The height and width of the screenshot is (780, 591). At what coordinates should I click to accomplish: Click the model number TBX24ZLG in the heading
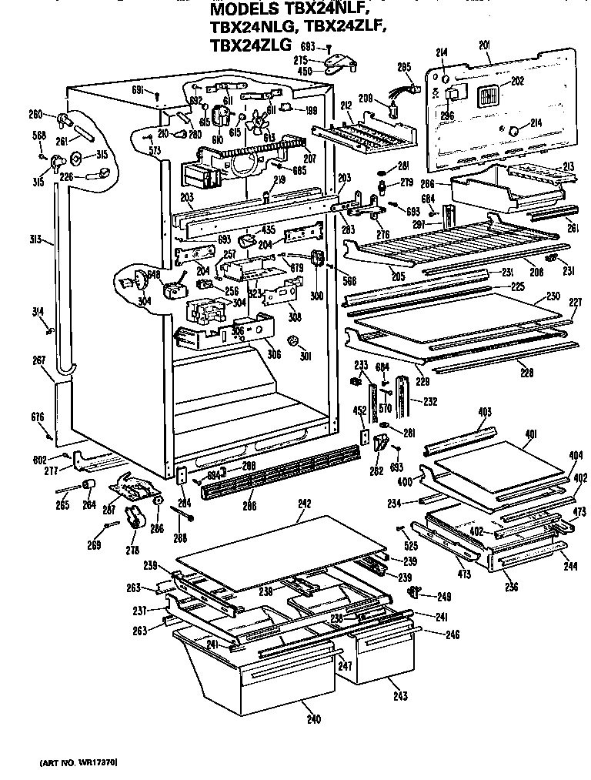pos(250,45)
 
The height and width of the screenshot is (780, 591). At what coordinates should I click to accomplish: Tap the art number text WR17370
pos(77,762)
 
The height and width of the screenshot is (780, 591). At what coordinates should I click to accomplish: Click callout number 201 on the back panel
pos(484,46)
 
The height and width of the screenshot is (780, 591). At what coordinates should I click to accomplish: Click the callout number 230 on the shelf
pos(553,296)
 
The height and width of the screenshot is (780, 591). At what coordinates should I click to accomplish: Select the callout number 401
pos(530,434)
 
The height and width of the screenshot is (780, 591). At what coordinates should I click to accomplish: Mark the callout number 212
pos(347,105)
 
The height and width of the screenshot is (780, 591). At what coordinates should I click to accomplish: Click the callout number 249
pos(422,597)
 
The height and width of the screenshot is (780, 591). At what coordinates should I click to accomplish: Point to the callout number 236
pos(512,588)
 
